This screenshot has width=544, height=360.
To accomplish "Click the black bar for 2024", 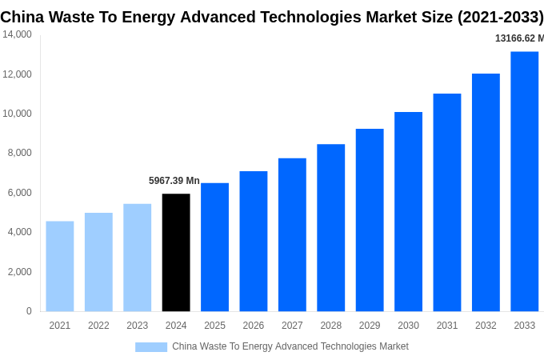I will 176,252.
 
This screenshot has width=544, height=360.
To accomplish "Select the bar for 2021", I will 60,266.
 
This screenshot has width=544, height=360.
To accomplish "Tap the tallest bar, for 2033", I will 524,182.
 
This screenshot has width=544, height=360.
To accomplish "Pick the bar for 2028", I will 330,228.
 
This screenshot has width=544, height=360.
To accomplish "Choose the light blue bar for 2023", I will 137,258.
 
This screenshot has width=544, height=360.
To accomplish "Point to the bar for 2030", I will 408,212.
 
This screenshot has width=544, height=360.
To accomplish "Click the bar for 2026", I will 254,241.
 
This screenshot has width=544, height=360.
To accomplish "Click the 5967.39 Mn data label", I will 174,181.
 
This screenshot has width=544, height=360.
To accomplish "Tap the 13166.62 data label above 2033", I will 518,38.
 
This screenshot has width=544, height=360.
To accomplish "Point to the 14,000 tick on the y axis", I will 17,34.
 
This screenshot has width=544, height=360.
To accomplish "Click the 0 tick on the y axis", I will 29,311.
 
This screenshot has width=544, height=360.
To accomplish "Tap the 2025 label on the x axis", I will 214,326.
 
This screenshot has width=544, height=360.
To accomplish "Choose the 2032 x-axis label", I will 486,326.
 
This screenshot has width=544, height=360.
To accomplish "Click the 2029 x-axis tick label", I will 370,326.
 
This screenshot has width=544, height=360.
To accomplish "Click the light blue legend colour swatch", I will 151,347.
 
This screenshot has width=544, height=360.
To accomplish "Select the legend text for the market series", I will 290,346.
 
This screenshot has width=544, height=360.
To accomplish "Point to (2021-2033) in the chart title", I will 500,17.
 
